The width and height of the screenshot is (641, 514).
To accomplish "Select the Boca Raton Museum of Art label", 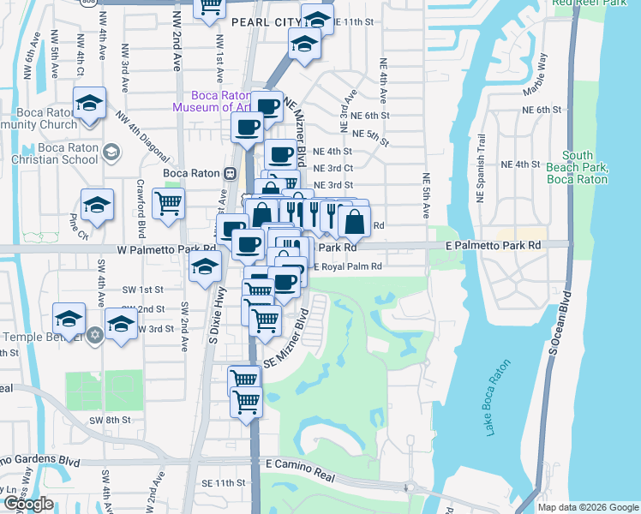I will pyautogui.click(x=211, y=102).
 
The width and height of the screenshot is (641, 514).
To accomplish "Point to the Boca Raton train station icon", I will pyautogui.click(x=230, y=173).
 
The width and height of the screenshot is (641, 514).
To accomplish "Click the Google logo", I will pyautogui.click(x=28, y=504).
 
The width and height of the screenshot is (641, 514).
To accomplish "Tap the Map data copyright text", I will pyautogui.click(x=587, y=507).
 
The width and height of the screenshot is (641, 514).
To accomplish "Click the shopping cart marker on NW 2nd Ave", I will pyautogui.click(x=169, y=204).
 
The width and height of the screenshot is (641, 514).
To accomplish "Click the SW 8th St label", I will pyautogui.click(x=110, y=420).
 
